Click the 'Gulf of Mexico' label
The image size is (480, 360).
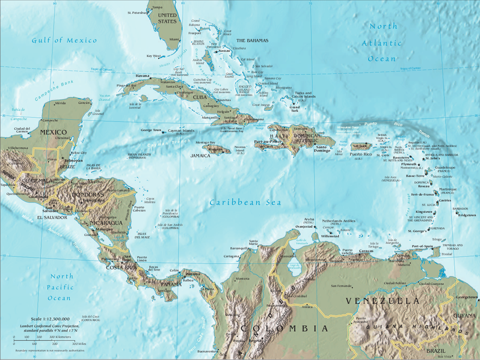pos(64,40)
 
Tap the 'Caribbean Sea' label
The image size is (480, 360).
pos(245,203)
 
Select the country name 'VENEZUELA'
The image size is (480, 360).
pos(382,300)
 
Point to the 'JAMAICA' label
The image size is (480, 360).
pos(200,155)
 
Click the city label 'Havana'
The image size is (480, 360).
pos(142,76)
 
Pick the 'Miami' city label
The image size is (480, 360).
pos(174,39)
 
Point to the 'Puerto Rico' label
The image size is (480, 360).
pos(360,154)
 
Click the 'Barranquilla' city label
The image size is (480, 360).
pos(239,248)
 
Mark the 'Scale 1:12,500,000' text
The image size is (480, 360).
pos(49,319)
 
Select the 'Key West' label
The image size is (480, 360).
pos(153,56)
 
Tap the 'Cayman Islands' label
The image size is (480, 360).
pos(182,130)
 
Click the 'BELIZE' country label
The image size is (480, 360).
pos(67,166)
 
